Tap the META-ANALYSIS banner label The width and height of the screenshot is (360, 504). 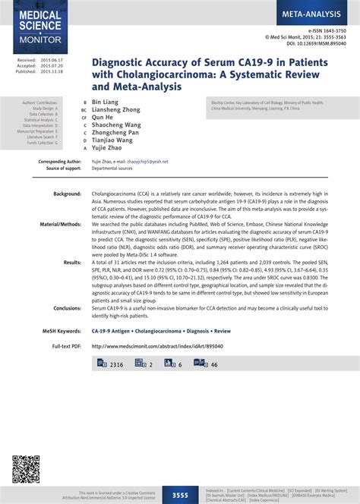click(313, 14)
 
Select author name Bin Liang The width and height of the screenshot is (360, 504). click(106, 100)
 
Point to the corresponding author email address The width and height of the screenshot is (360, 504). click(148, 162)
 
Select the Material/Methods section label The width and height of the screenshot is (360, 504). click(61, 225)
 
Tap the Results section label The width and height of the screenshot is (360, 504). click(73, 262)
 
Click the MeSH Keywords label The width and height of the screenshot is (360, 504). click(61, 332)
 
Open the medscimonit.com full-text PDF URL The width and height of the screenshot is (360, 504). click(149, 346)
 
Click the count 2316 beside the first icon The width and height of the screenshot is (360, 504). click(116, 365)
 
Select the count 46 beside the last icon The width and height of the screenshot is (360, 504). click(214, 365)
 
